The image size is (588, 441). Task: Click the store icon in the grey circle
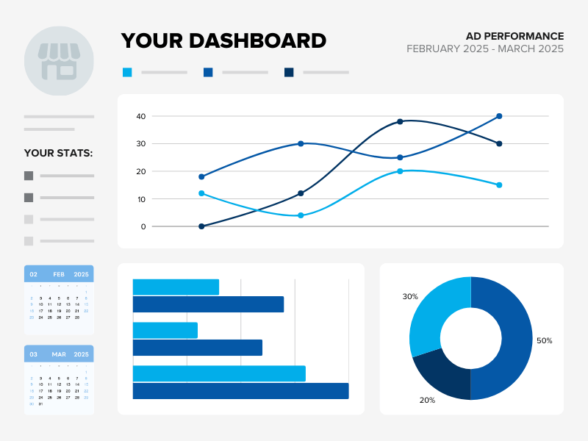(x=59, y=61)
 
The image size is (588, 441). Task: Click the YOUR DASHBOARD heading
(x=223, y=40)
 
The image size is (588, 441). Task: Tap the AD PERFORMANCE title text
(x=514, y=36)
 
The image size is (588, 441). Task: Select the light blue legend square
(x=127, y=72)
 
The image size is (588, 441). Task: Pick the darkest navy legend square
(x=289, y=72)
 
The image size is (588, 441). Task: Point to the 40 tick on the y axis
(x=140, y=116)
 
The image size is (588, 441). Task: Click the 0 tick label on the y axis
(x=143, y=226)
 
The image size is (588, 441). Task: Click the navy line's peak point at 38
(x=400, y=121)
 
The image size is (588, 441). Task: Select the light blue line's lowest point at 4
(x=301, y=215)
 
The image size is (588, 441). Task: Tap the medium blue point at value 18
(x=201, y=176)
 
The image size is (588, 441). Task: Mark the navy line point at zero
(x=201, y=226)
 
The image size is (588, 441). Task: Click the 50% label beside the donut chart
(x=544, y=341)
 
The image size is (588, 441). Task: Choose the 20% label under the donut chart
(x=427, y=401)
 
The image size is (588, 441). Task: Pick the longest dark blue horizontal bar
(x=240, y=390)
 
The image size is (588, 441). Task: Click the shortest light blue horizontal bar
(x=165, y=330)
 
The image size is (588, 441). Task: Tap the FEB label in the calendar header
(x=59, y=274)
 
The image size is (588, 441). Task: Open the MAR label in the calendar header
(x=59, y=354)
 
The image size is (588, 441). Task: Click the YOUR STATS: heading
(x=59, y=154)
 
